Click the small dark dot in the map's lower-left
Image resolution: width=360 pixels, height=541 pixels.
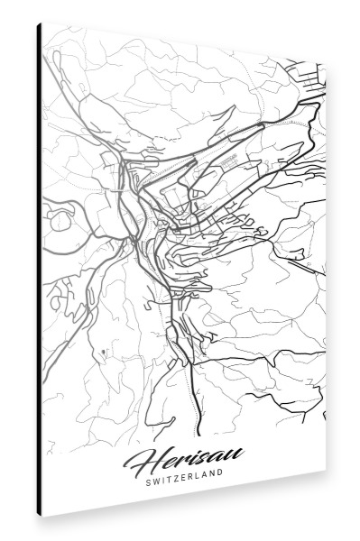coord(105,351)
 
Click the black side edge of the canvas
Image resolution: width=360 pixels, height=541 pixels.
coord(39,270)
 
